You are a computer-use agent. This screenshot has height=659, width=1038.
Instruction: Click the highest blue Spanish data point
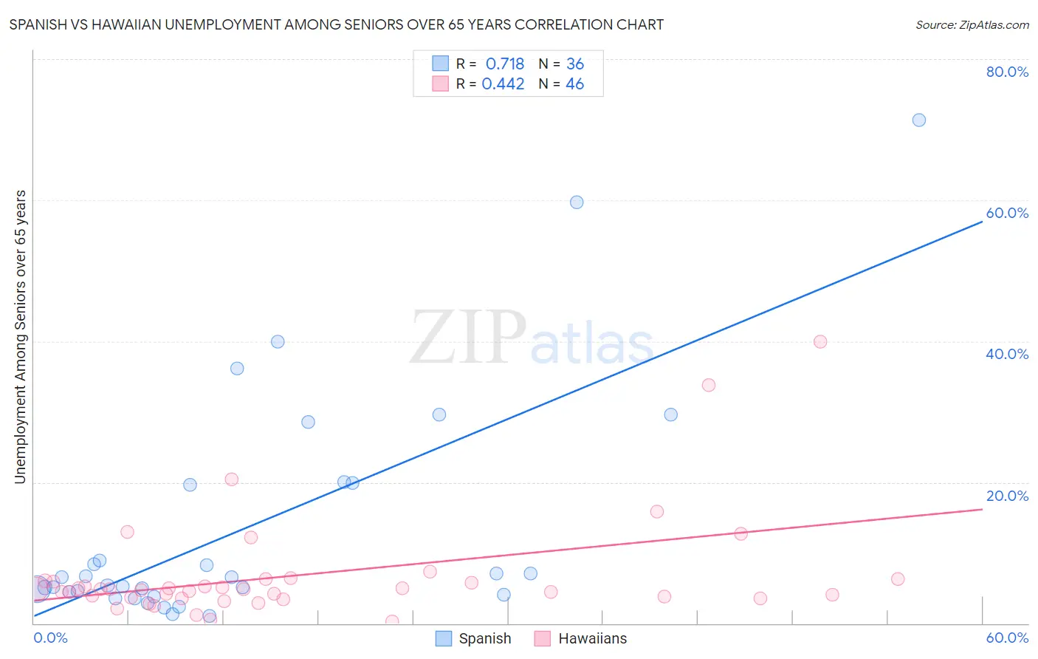(x=918, y=120)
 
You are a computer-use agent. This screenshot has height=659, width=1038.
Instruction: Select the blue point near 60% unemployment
(x=577, y=202)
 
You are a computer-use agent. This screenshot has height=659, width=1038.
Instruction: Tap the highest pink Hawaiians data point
(x=819, y=341)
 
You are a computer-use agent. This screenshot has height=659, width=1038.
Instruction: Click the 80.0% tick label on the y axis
(x=1007, y=72)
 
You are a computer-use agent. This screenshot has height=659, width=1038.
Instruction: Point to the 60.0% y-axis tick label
(x=1007, y=213)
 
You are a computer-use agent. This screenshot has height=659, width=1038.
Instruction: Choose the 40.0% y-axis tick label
(x=1007, y=354)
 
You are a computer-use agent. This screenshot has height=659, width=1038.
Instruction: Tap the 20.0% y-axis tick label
(x=1007, y=496)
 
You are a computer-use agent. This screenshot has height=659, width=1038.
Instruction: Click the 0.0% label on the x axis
(x=50, y=638)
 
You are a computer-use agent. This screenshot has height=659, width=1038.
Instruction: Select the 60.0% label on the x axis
(x=1007, y=638)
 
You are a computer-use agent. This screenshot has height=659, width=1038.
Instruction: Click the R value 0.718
(x=505, y=64)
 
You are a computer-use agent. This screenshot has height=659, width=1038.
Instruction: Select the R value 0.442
(x=503, y=84)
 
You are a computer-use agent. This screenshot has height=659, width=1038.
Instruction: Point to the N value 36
(x=575, y=64)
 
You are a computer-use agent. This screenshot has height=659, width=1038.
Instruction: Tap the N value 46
(x=575, y=84)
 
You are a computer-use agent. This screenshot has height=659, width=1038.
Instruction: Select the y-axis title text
(x=20, y=337)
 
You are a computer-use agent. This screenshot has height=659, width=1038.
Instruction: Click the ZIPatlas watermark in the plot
(x=532, y=338)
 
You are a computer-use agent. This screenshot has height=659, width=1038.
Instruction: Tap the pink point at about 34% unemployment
(x=709, y=385)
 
